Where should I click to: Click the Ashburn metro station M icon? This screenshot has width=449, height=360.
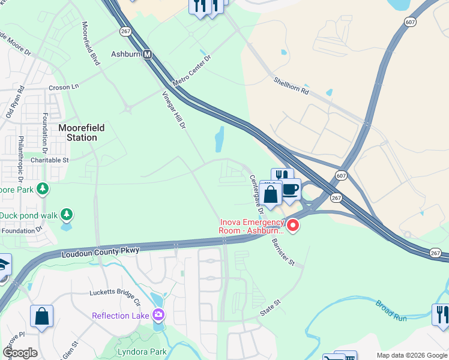tap(147, 54)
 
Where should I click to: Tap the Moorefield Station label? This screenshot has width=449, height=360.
tap(77, 133)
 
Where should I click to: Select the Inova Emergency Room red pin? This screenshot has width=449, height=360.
tap(293, 226)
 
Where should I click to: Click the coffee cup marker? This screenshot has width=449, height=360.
tap(291, 189)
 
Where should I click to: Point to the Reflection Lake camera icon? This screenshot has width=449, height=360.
tap(158, 314)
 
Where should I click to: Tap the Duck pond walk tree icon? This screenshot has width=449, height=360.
tap(67, 214)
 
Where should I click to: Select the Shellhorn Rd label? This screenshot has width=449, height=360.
tap(291, 86)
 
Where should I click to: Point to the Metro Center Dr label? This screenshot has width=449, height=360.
tap(191, 71)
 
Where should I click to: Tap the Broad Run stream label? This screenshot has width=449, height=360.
tap(391, 310)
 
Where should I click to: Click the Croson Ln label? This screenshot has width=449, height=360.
tap(64, 87)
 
